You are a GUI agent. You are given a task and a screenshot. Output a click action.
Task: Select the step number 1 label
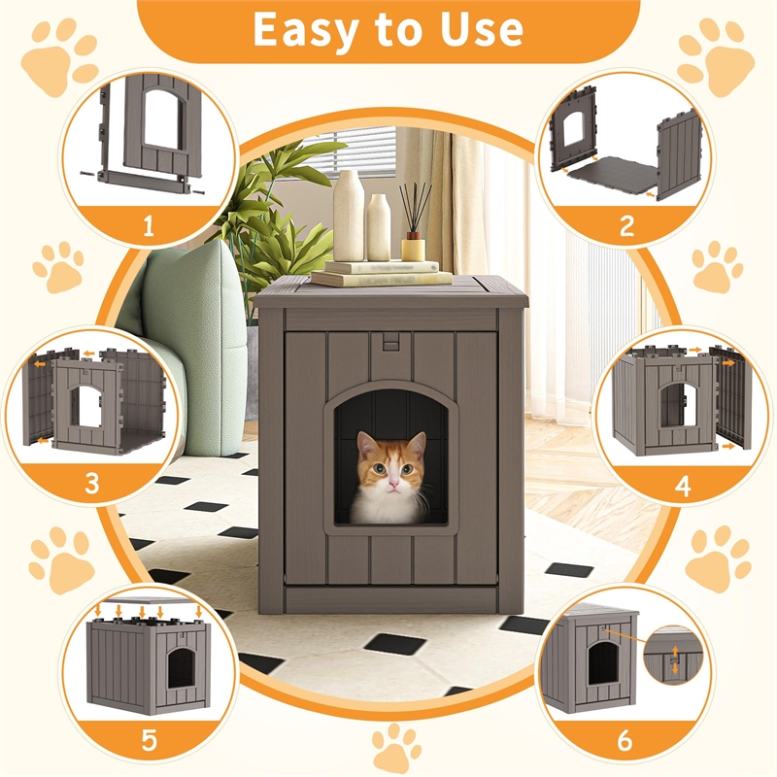click(x=148, y=226)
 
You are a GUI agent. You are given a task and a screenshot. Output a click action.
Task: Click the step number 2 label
click(x=626, y=226)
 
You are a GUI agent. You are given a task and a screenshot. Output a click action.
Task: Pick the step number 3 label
click(x=91, y=483)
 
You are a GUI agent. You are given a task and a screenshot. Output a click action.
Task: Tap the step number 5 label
click(x=148, y=740)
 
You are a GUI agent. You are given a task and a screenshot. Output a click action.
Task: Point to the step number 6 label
click(x=626, y=740)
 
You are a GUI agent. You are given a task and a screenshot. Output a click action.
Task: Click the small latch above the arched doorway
click(x=389, y=342)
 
